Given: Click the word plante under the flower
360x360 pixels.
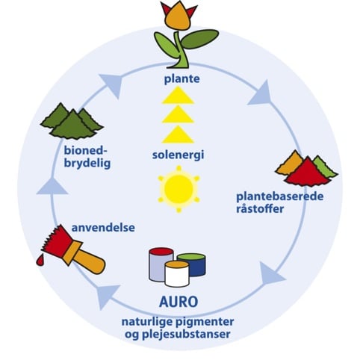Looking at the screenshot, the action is click(181, 79).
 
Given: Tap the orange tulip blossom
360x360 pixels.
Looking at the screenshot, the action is click(177, 16).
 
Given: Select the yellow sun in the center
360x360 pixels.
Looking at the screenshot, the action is click(179, 190).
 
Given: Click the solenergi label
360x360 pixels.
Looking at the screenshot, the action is click(178, 155).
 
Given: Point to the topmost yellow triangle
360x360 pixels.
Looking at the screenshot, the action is click(178, 96).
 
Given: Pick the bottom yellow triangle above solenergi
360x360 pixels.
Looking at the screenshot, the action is click(178, 134).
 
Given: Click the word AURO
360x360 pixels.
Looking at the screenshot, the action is click(179, 302).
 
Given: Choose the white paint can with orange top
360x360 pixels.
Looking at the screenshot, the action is click(177, 274).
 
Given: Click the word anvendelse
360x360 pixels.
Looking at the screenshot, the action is click(103, 228).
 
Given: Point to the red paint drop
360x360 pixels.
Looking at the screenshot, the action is click(40, 260).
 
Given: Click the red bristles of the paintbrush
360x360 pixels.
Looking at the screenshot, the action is click(55, 240).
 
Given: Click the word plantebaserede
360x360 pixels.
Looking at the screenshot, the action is click(280, 196).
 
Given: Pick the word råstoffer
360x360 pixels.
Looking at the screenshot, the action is click(260, 209).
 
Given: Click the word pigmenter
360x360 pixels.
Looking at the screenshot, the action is click(205, 322).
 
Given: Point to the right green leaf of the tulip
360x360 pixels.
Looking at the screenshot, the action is click(199, 39).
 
